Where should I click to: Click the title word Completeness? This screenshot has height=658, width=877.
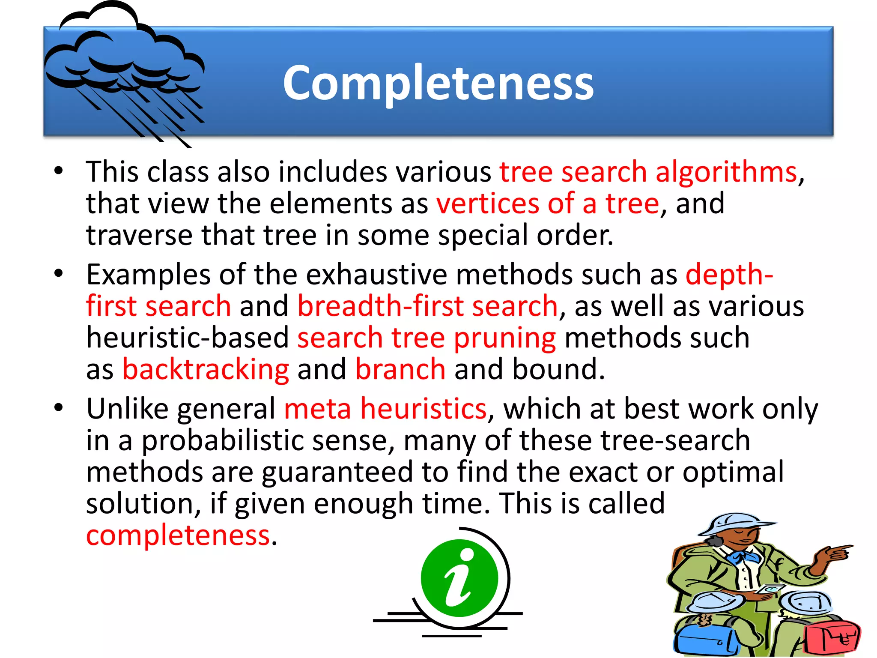tap(438, 84)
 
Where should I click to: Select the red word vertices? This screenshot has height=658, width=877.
tap(487, 204)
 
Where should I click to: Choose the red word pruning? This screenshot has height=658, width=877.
tap(504, 338)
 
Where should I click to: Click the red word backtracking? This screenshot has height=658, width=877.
tap(206, 370)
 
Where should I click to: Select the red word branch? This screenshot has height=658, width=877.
tap(400, 370)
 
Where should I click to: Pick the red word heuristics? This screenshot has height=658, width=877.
tap(423, 409)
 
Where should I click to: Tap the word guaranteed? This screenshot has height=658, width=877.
tap(337, 472)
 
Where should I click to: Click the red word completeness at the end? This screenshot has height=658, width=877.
tap(178, 535)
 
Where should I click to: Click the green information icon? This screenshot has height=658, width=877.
tap(459, 578)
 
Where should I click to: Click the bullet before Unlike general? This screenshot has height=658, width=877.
tap(59, 407)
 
